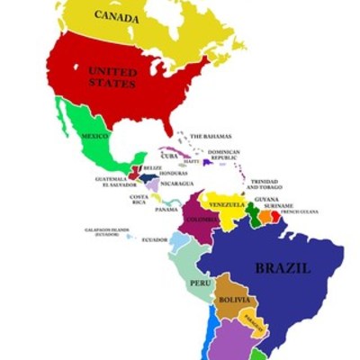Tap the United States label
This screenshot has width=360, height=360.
click(x=112, y=76)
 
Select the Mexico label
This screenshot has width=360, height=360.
click(x=94, y=136)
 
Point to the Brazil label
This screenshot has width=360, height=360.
click(x=283, y=267)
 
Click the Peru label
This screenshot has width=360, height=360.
click(x=199, y=283)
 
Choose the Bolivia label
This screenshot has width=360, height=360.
click(x=233, y=299)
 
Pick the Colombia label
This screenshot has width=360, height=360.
click(x=201, y=219)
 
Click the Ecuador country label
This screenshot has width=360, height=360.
click(x=154, y=239)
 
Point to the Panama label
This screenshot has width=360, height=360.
click(x=166, y=209)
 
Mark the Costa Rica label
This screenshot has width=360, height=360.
click(x=139, y=199)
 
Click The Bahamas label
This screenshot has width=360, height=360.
click(x=211, y=136)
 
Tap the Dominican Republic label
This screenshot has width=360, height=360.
click(x=224, y=154)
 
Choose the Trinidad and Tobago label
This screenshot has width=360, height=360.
click(x=265, y=184)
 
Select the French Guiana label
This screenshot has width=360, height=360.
click(x=299, y=212)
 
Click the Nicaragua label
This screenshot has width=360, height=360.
click(x=177, y=184)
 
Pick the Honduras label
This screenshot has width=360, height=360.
click(x=174, y=173)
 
